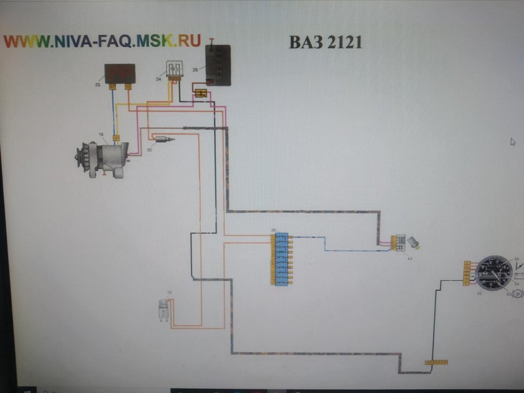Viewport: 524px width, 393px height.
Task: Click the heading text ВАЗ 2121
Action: coord(325,42)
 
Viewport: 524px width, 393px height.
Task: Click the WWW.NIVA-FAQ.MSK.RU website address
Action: coord(103,41)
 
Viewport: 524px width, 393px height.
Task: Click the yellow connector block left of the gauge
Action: coord(467,273)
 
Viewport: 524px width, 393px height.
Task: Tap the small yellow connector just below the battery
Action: coord(201,94)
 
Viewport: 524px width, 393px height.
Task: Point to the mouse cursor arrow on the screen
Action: coord(513,142)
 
